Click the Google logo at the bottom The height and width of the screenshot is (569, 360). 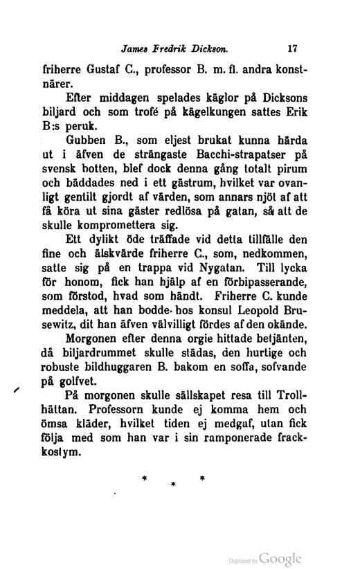point(281,558)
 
